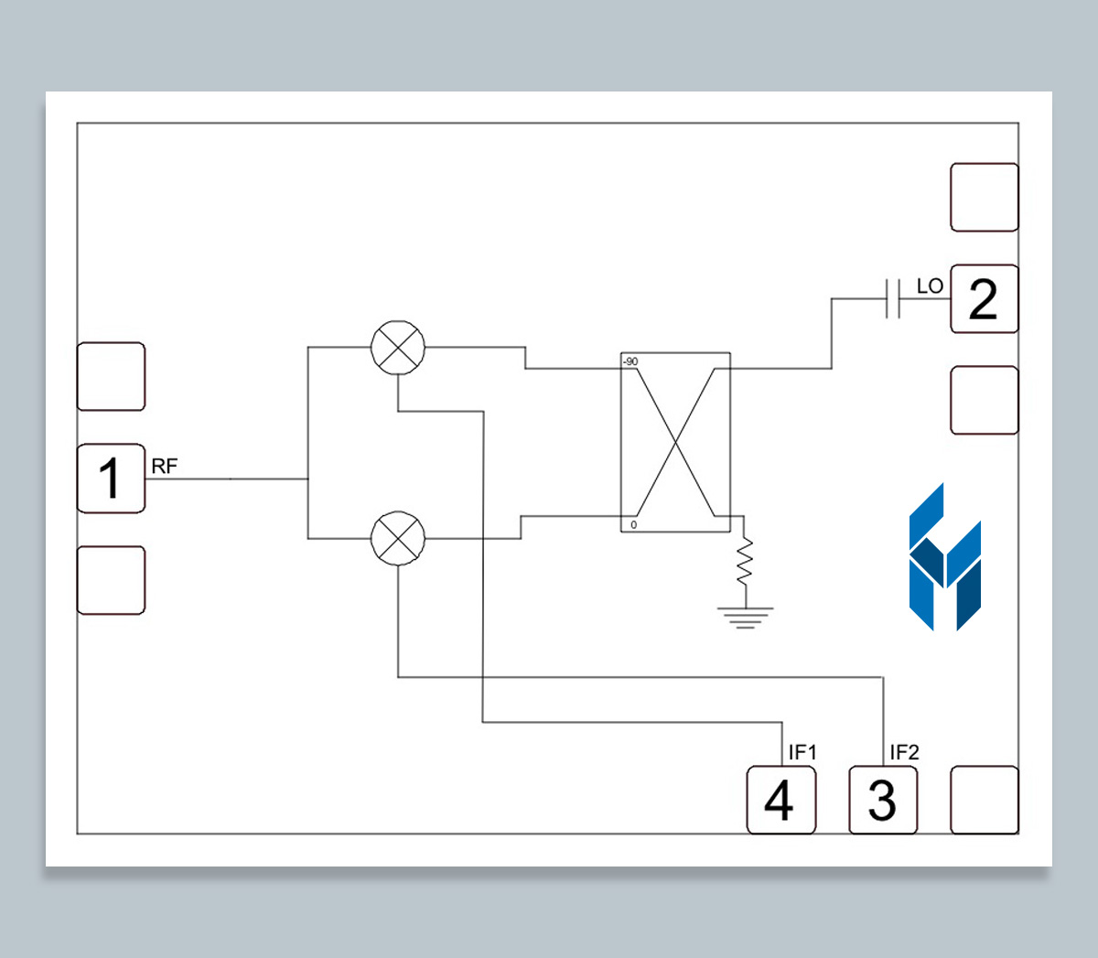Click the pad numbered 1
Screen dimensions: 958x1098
(111, 479)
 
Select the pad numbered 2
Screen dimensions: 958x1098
(984, 299)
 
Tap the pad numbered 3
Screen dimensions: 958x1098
(882, 801)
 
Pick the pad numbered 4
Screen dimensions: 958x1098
(780, 801)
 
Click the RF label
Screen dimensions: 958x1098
(165, 467)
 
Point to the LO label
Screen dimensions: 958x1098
(930, 286)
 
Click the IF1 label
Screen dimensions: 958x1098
(802, 752)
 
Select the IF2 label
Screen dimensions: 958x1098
(904, 752)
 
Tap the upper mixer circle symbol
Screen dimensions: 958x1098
(398, 348)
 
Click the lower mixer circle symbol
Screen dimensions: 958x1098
(398, 538)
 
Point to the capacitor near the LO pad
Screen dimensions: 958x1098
(893, 298)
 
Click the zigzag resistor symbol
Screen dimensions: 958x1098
(745, 561)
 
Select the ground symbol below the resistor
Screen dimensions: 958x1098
(745, 618)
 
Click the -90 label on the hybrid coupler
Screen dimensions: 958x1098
(630, 362)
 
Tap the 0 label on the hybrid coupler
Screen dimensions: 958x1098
(633, 524)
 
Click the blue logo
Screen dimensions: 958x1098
(944, 558)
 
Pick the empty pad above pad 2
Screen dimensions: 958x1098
(984, 198)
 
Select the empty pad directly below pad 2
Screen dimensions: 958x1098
(984, 400)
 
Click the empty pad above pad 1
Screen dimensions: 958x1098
(111, 377)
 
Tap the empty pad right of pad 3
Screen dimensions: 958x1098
(984, 801)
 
